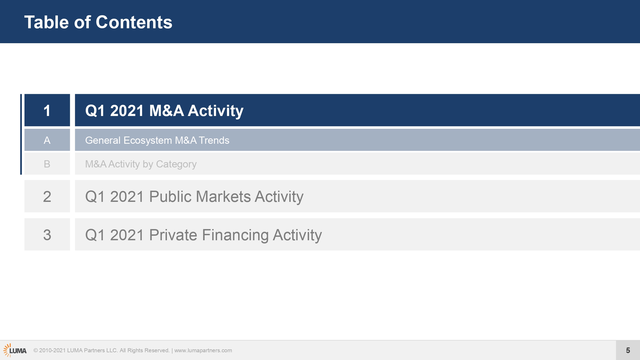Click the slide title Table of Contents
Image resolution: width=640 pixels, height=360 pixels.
pyautogui.click(x=98, y=22)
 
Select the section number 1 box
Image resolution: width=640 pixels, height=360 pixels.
pyautogui.click(x=47, y=110)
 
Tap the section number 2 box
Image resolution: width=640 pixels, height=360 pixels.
pyautogui.click(x=47, y=196)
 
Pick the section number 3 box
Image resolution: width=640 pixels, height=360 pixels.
pyautogui.click(x=47, y=234)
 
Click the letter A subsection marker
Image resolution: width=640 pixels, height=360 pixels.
pyautogui.click(x=47, y=140)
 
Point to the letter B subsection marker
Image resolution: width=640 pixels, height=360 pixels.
pyautogui.click(x=47, y=164)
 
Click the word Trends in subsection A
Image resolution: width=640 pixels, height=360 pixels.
pyautogui.click(x=214, y=140)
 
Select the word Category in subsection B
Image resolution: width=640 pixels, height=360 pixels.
pyautogui.click(x=176, y=164)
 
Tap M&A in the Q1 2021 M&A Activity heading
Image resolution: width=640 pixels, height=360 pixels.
pyautogui.click(x=166, y=110)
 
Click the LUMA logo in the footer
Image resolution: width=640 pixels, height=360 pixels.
pyautogui.click(x=15, y=350)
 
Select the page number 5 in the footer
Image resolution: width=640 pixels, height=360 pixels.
pyautogui.click(x=628, y=350)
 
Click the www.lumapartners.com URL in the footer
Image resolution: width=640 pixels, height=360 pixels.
pyautogui.click(x=203, y=350)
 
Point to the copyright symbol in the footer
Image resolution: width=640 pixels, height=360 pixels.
pyautogui.click(x=35, y=350)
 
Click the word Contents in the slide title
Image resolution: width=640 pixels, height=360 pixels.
pyautogui.click(x=134, y=22)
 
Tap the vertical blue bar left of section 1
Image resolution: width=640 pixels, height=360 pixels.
pyautogui.click(x=21, y=134)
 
